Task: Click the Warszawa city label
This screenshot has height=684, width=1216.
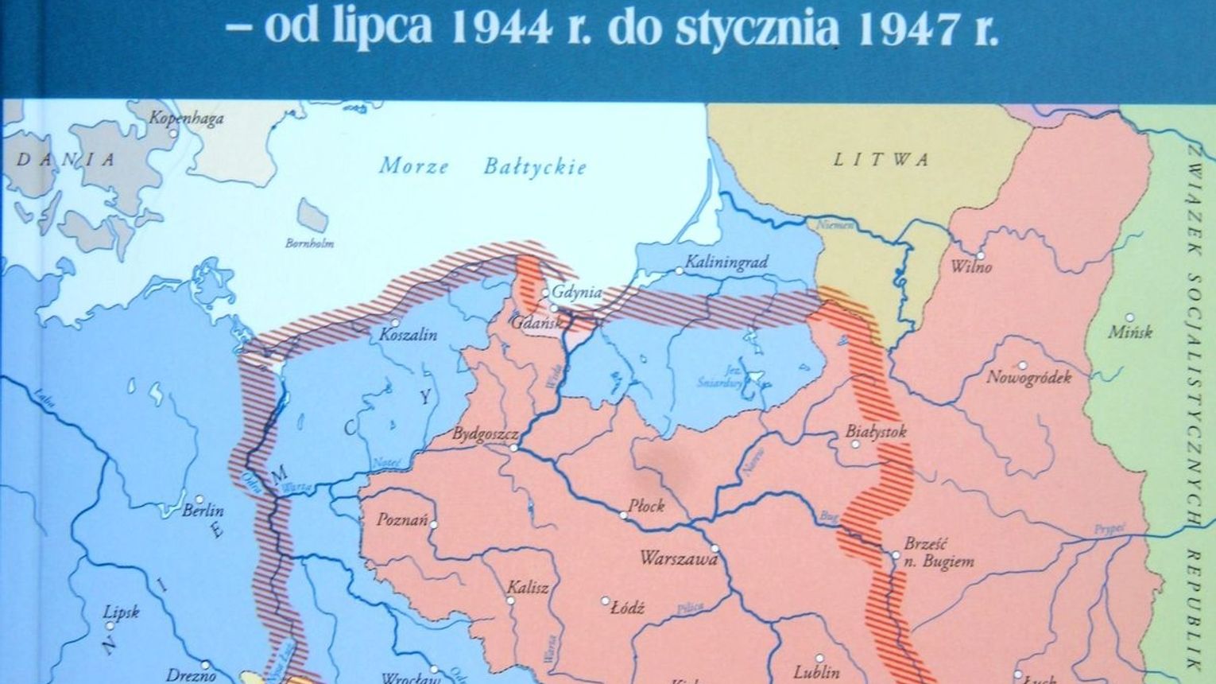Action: click(679, 558)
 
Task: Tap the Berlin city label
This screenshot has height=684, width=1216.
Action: click(203, 511)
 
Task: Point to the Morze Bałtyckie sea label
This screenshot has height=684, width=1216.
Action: click(482, 166)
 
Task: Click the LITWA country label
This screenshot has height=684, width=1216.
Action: click(881, 160)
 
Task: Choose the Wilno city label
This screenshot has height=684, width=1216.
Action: click(971, 266)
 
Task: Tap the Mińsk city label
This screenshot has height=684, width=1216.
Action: click(1130, 332)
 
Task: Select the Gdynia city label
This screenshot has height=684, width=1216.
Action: click(578, 293)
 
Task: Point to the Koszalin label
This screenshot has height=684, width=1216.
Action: click(409, 335)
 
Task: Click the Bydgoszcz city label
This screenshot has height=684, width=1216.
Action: click(485, 434)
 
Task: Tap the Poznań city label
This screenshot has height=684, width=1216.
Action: click(403, 522)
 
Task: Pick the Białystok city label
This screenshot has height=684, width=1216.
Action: click(875, 432)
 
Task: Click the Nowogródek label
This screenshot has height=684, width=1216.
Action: click(1028, 377)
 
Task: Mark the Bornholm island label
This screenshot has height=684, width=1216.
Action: click(309, 243)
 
